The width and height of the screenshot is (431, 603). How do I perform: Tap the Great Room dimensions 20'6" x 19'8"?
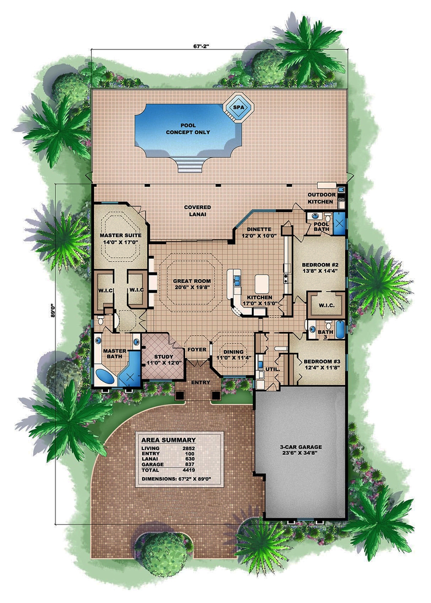coord(192,288)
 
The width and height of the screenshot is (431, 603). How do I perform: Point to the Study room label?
coord(163,357)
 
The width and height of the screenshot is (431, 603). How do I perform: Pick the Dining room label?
coord(233,352)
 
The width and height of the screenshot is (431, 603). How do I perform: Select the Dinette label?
coord(259,229)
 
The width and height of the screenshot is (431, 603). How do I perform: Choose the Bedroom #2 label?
coord(319,265)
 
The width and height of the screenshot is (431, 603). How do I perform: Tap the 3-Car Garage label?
coord(300,447)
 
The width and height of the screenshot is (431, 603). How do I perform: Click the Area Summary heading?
coord(169,440)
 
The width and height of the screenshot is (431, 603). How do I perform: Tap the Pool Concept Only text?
coord(188,129)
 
